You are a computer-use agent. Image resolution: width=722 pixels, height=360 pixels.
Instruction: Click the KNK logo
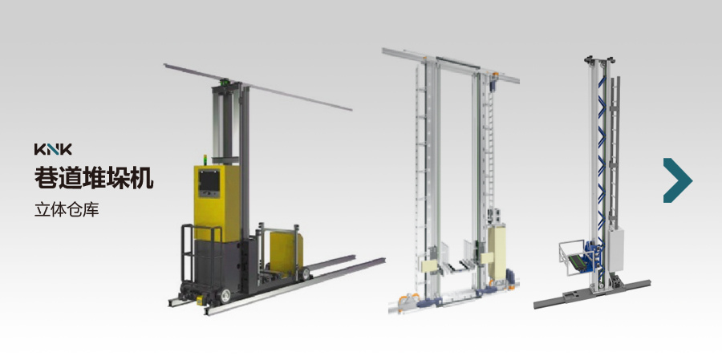coord(53,149)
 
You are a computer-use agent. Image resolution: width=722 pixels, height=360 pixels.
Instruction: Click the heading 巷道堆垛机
coord(94,178)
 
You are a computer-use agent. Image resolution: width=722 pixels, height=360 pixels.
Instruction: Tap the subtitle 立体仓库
coord(67,209)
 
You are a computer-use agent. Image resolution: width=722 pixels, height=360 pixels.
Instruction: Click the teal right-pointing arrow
coord(677,180)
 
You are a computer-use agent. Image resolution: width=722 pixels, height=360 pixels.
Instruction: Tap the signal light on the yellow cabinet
coord(205,160)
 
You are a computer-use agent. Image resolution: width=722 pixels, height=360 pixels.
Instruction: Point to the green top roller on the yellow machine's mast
coord(225,83)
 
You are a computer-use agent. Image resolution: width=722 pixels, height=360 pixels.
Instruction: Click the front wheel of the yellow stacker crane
coord(225,296)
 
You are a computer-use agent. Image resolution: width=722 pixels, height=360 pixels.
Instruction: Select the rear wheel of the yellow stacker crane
coord(304,274)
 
